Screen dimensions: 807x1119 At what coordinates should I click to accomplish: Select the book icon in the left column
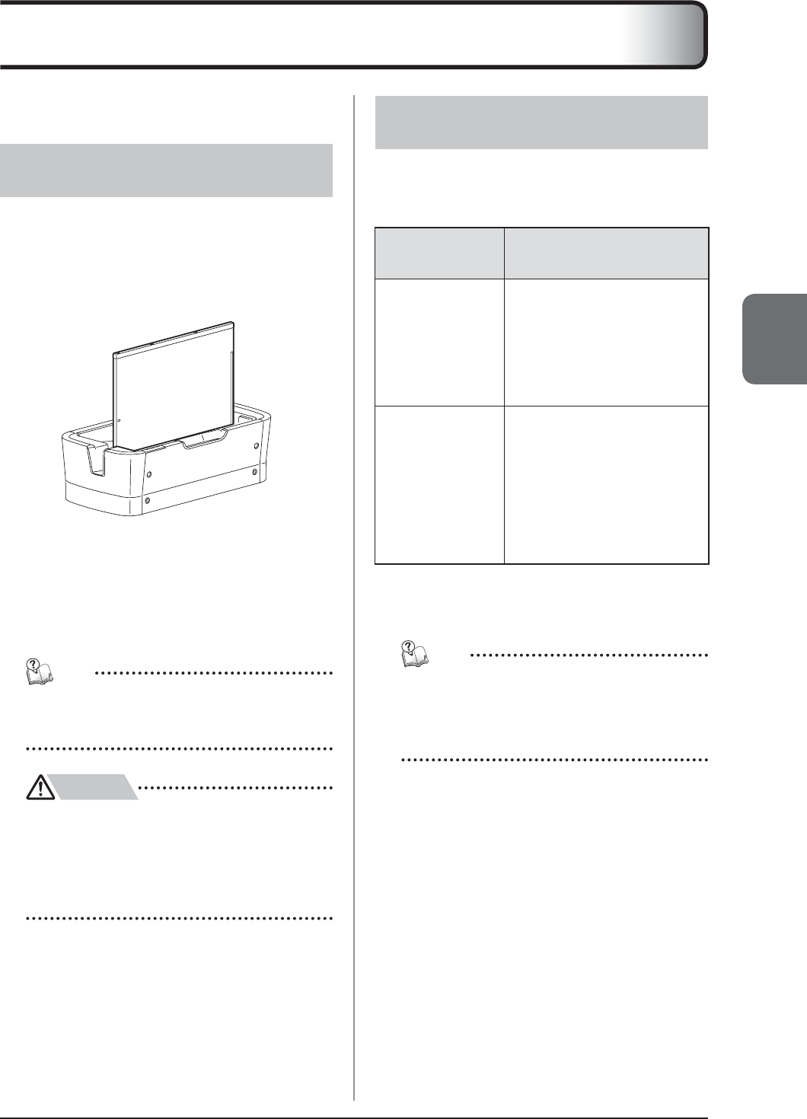click(x=40, y=670)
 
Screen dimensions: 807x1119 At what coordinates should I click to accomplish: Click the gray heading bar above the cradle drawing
click(x=166, y=171)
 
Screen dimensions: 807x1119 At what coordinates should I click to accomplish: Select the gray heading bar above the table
click(x=541, y=122)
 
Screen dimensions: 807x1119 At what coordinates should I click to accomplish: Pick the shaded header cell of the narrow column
click(x=439, y=253)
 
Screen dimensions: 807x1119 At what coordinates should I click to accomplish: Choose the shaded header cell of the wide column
click(x=606, y=253)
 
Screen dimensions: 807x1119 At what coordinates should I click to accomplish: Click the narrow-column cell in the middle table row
click(x=439, y=343)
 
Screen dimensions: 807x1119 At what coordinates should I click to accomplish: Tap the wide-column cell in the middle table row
click(x=606, y=343)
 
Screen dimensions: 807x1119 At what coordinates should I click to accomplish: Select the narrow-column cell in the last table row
click(x=439, y=485)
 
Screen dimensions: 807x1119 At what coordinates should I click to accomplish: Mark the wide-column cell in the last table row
click(x=606, y=485)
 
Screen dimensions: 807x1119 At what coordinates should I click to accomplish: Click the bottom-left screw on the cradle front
click(x=148, y=501)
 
